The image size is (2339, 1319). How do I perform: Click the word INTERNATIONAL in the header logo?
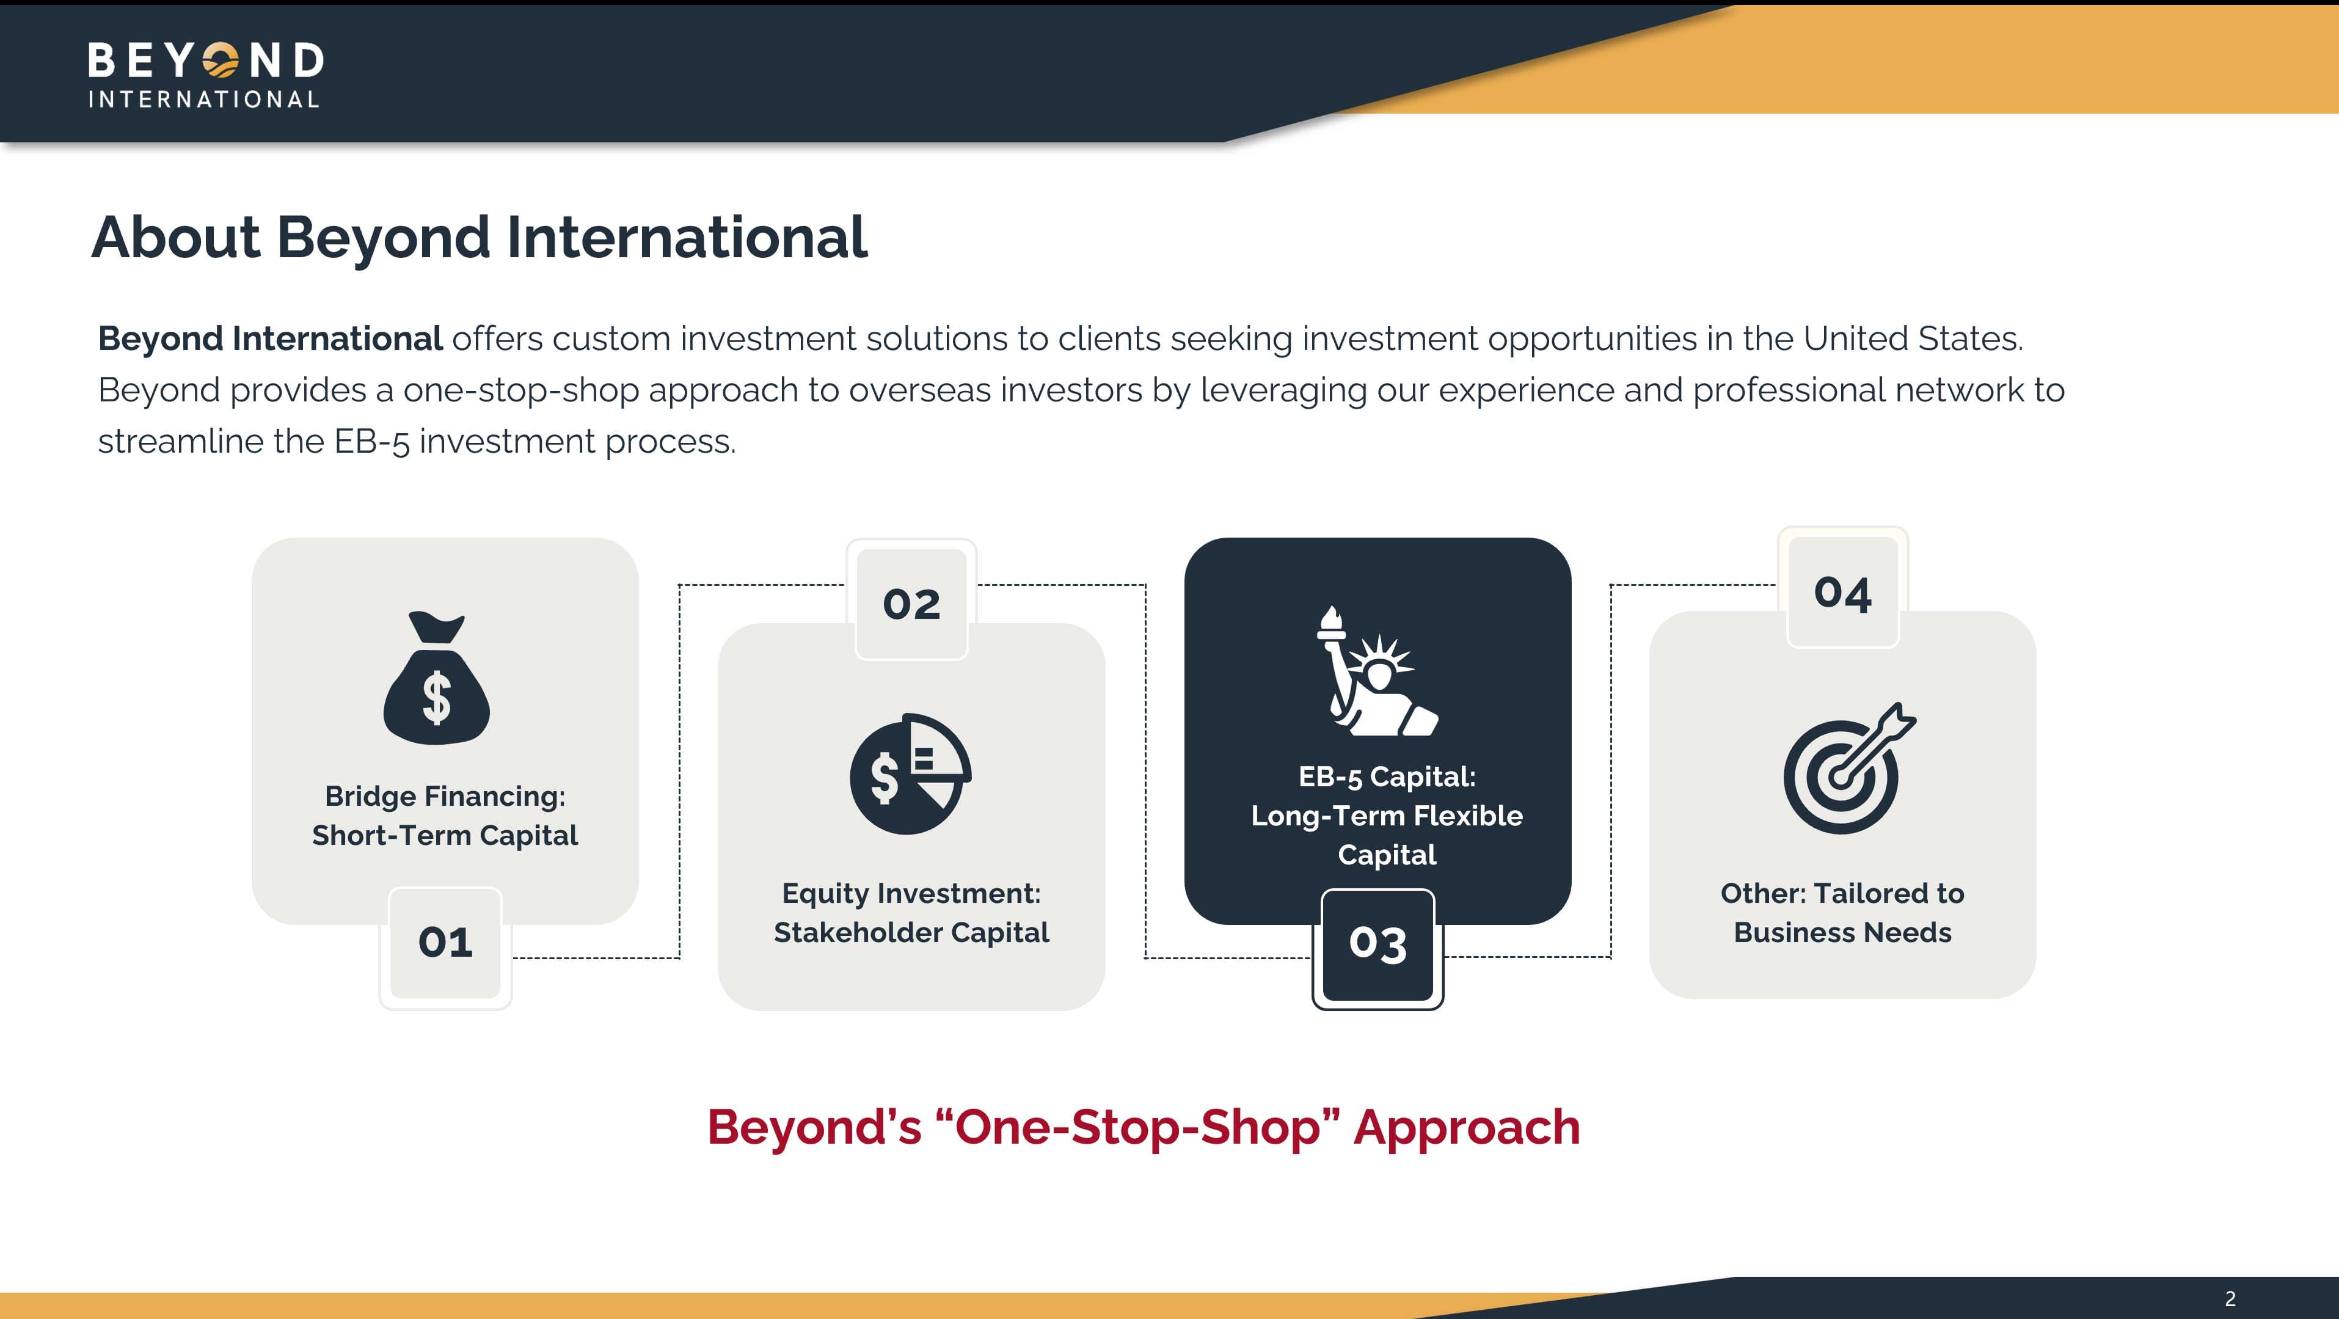(x=203, y=99)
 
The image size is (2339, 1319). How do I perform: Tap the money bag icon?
(x=437, y=678)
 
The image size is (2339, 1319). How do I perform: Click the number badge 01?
(x=445, y=943)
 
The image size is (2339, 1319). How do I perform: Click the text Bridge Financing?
(x=445, y=797)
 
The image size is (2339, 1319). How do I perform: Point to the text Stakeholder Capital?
(x=911, y=933)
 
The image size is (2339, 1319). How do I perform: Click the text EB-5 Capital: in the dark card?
(x=1387, y=776)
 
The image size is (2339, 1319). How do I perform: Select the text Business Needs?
(x=1842, y=933)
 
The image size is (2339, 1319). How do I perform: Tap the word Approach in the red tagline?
(x=1467, y=1129)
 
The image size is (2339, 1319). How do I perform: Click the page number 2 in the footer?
(x=2230, y=1299)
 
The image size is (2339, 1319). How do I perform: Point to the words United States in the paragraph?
(x=1912, y=339)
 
